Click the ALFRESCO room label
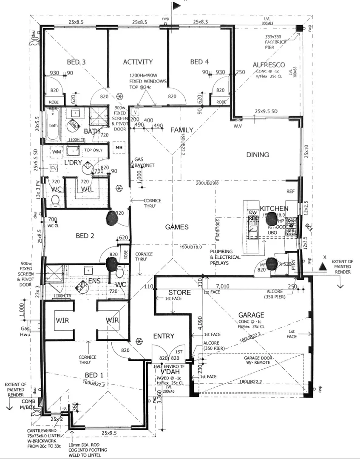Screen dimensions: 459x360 pos(266,65)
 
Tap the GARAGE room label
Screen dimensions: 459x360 pos(251,315)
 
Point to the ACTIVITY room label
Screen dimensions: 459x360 pos(138,62)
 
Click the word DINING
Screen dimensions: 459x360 pos(258,155)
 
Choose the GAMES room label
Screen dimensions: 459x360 pos(177,227)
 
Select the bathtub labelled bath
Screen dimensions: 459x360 pos(54,125)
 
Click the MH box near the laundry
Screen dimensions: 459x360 pos(118,147)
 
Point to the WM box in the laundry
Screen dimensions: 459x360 pos(57,151)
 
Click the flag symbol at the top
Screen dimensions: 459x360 pos(175,6)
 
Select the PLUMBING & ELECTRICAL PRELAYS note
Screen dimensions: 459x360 pos(225,257)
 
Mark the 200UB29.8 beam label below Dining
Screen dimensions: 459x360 pos(207,183)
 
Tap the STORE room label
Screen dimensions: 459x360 pos(179,292)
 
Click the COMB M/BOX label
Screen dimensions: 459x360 pos(28,405)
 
